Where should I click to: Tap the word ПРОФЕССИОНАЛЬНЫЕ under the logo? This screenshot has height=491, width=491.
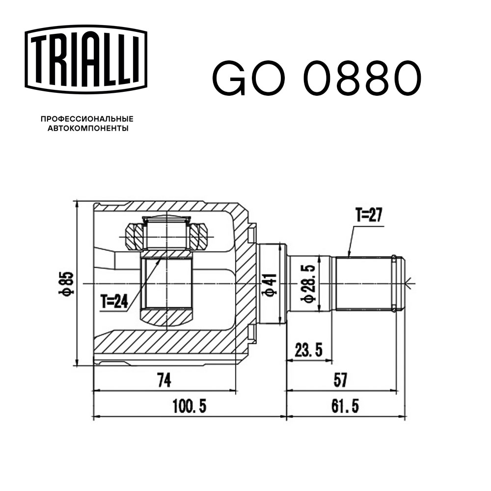coord(87,119)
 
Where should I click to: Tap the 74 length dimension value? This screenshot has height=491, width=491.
coord(166,380)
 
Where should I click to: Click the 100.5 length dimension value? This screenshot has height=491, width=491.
coord(189,406)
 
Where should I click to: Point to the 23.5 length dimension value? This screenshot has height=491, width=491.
coord(308,351)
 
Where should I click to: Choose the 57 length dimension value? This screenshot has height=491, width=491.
coord(340,380)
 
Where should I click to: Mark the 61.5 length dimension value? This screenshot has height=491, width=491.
coord(345,406)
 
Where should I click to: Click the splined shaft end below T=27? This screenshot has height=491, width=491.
coord(366,283)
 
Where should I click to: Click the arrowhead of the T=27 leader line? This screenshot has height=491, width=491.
coord(348,255)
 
